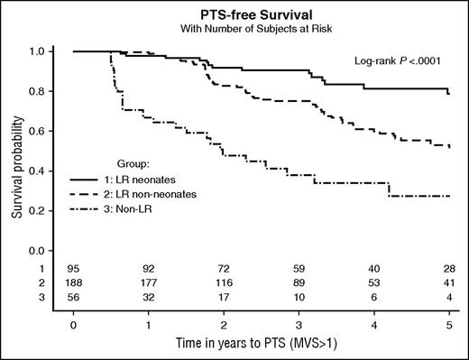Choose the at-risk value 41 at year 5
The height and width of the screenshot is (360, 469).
[448, 282]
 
